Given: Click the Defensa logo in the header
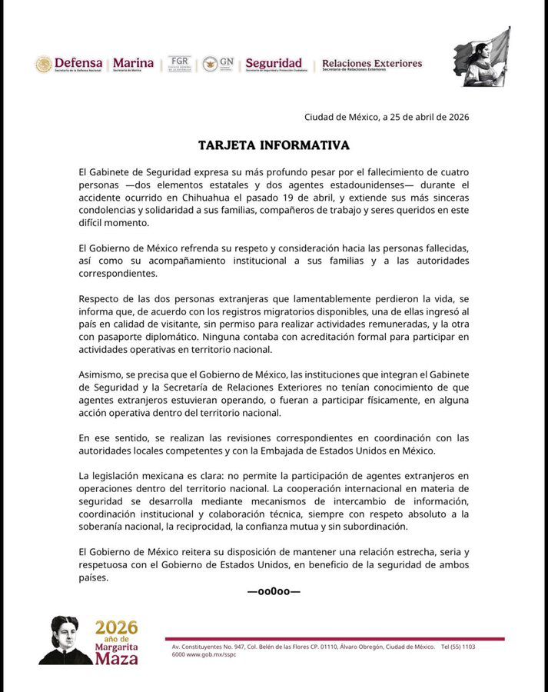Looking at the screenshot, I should coord(69,64).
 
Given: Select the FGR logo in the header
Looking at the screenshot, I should coord(179,64).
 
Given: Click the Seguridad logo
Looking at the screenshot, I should coord(274,64).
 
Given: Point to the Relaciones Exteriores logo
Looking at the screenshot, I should coord(371,64).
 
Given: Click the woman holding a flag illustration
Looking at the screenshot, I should coord(482,58).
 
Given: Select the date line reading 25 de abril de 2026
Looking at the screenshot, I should coord(386,118).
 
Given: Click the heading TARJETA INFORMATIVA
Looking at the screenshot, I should coord(274,145).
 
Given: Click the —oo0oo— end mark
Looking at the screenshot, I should coord(274,591).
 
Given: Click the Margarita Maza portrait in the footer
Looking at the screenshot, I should coord(65,640).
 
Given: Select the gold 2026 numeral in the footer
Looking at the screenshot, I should coord(117,627).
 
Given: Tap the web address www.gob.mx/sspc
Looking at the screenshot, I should coord(208,654).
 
